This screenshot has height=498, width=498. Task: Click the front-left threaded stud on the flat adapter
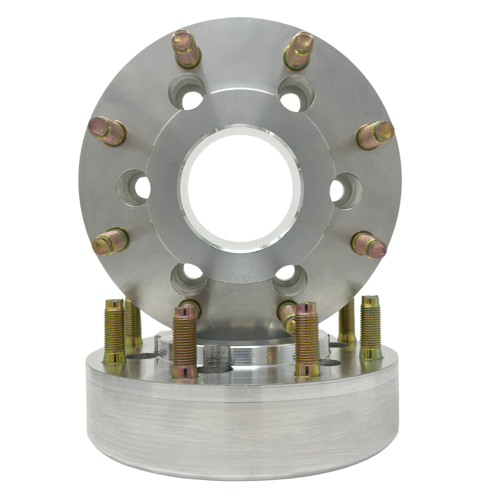click(183, 340)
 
